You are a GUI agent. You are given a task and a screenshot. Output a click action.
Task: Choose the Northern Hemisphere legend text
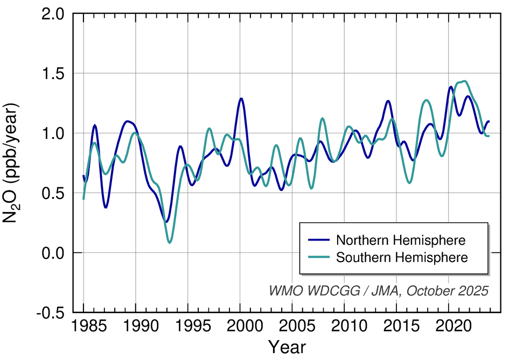pyautogui.click(x=401, y=239)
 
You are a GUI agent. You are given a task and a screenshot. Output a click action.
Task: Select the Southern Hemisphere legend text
pyautogui.click(x=402, y=257)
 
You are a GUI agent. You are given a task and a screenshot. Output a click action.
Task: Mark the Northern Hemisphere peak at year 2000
pyautogui.click(x=241, y=98)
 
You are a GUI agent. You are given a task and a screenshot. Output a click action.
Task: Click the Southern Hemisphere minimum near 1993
pyautogui.click(x=170, y=243)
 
